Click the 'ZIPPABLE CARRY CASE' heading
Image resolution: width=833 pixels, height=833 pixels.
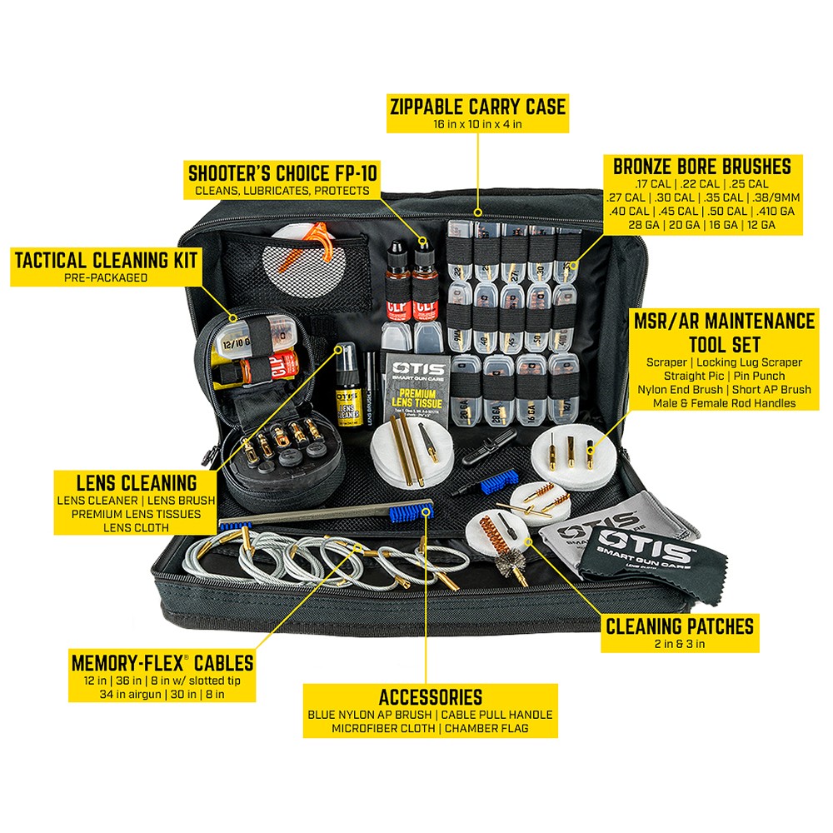tap(477, 107)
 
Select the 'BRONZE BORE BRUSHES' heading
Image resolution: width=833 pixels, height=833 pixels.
tap(701, 165)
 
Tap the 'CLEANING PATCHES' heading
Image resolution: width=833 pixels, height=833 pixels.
tap(680, 625)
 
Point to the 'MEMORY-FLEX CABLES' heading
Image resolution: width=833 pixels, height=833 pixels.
tap(162, 663)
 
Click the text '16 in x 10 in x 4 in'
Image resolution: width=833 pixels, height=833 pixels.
tap(477, 124)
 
